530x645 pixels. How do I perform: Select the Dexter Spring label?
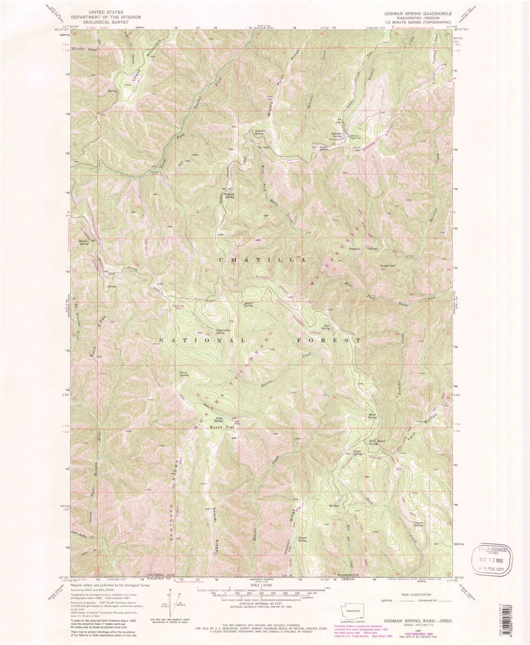302,539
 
